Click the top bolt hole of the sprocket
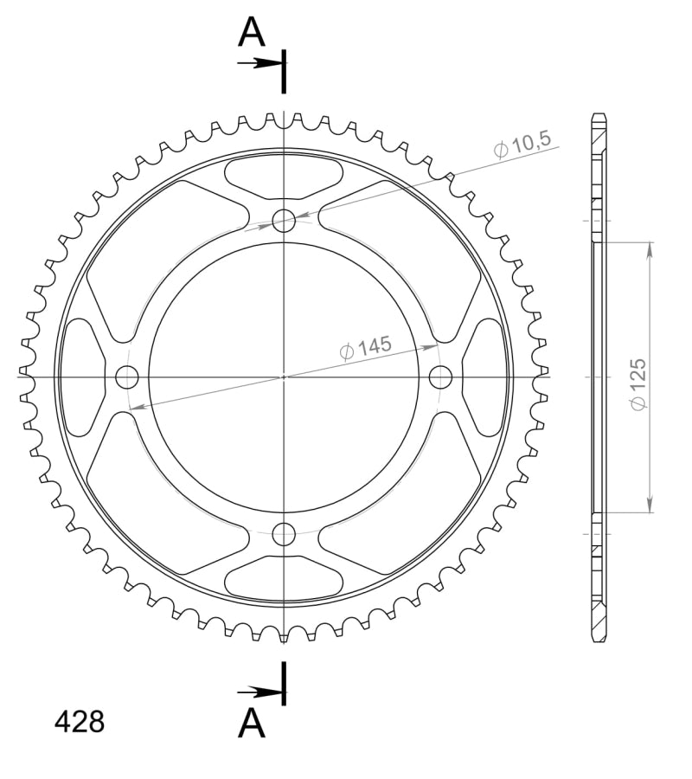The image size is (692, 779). pyautogui.click(x=284, y=222)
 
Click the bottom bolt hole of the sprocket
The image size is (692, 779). pyautogui.click(x=284, y=534)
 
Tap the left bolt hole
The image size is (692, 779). pyautogui.click(x=127, y=377)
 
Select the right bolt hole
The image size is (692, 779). pyautogui.click(x=441, y=377)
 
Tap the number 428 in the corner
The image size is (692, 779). pyautogui.click(x=80, y=722)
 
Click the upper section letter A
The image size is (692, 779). pyautogui.click(x=252, y=33)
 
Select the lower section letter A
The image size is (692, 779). pyautogui.click(x=252, y=724)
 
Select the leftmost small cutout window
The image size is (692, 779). pyautogui.click(x=82, y=377)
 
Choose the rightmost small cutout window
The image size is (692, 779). pyautogui.click(x=485, y=377)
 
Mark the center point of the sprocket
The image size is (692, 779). pyautogui.click(x=284, y=377)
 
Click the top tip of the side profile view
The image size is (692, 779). pyautogui.click(x=599, y=115)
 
